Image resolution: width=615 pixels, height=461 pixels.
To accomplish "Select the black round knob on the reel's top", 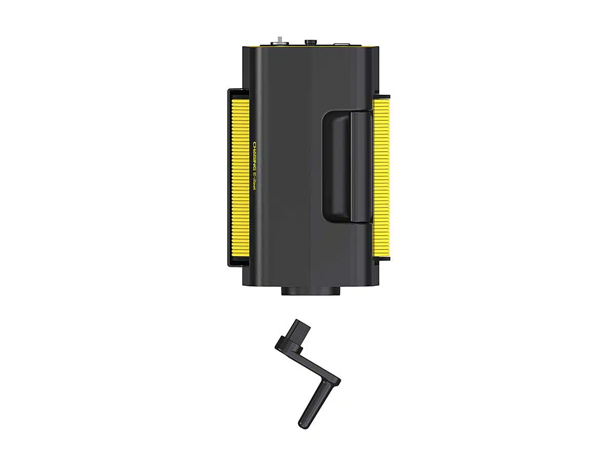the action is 311,42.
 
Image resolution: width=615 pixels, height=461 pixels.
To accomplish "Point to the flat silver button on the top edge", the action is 341,44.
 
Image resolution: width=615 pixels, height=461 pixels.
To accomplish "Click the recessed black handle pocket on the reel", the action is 336,167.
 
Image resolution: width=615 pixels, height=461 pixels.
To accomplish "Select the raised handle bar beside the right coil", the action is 361,167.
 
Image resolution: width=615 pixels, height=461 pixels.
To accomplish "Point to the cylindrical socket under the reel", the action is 311,291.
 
